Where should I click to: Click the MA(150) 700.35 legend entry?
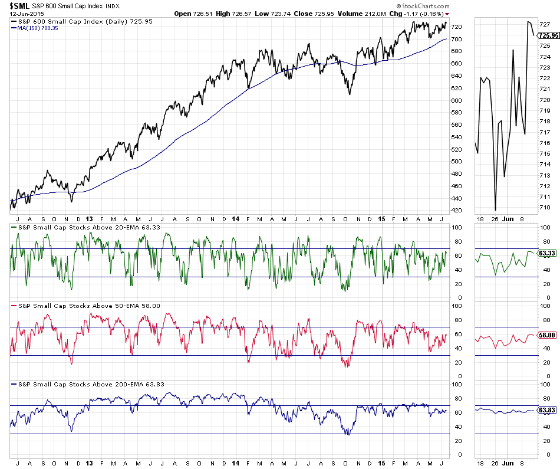point(38,28)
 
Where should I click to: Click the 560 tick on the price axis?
point(456,124)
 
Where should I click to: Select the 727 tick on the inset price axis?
point(544,25)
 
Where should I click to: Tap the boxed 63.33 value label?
point(548,253)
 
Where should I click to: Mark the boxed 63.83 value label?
point(548,409)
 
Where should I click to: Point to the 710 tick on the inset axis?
point(544,207)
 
